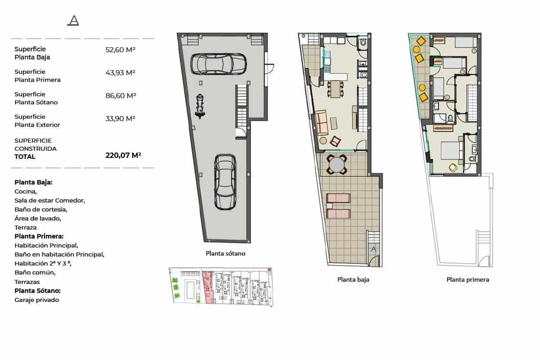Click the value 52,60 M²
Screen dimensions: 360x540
click(120, 50)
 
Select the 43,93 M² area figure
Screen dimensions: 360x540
click(120, 72)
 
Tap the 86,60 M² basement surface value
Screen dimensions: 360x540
click(120, 95)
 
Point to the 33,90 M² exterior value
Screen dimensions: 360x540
click(120, 118)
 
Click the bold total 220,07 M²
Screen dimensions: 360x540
click(123, 156)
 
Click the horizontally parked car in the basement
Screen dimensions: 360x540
click(218, 63)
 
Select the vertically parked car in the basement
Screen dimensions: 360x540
click(225, 182)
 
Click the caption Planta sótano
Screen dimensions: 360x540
click(225, 253)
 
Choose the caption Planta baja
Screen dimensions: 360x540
click(353, 279)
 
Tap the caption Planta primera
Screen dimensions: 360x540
click(468, 279)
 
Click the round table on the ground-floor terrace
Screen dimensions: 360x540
click(337, 165)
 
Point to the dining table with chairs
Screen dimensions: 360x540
click(336, 89)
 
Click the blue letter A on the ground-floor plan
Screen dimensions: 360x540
click(373, 248)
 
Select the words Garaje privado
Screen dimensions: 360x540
click(36, 300)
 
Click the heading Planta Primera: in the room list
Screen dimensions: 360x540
click(39, 236)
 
